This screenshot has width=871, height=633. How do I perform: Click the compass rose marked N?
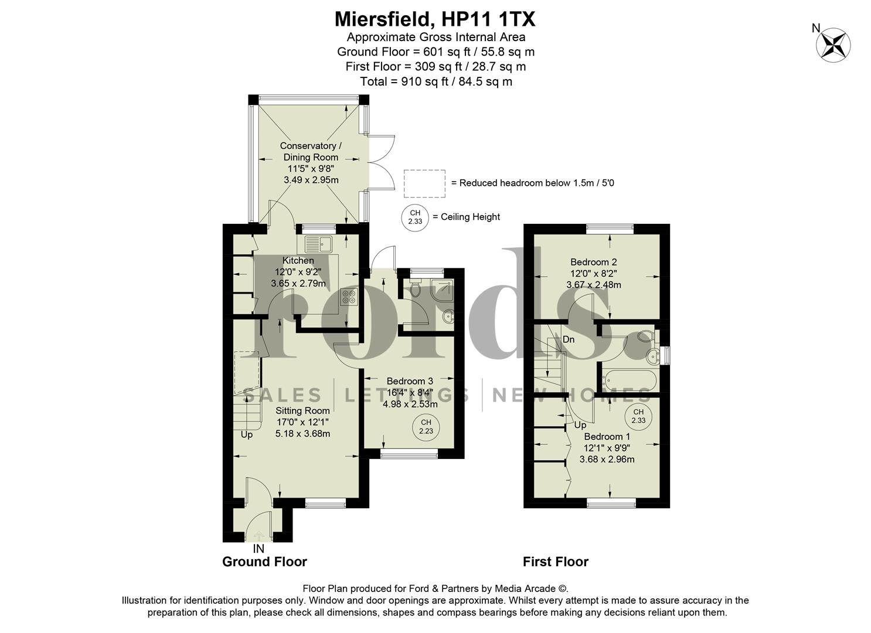click(x=833, y=45)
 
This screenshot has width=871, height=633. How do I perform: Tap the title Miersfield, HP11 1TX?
click(x=434, y=19)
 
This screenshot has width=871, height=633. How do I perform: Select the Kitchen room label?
click(x=298, y=261)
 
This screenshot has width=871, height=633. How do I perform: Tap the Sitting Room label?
click(x=303, y=411)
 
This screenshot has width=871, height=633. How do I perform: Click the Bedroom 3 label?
click(x=410, y=382)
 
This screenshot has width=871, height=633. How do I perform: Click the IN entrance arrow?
click(x=258, y=535)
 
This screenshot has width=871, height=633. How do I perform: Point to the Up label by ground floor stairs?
click(x=247, y=435)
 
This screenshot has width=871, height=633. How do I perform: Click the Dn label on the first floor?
click(x=568, y=339)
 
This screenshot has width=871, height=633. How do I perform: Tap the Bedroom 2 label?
click(x=593, y=262)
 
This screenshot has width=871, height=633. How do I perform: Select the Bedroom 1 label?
click(x=607, y=437)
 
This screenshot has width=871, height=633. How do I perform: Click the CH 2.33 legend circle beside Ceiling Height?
click(x=415, y=217)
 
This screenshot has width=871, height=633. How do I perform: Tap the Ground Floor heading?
click(x=264, y=561)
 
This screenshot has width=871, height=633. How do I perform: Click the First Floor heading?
click(x=555, y=561)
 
